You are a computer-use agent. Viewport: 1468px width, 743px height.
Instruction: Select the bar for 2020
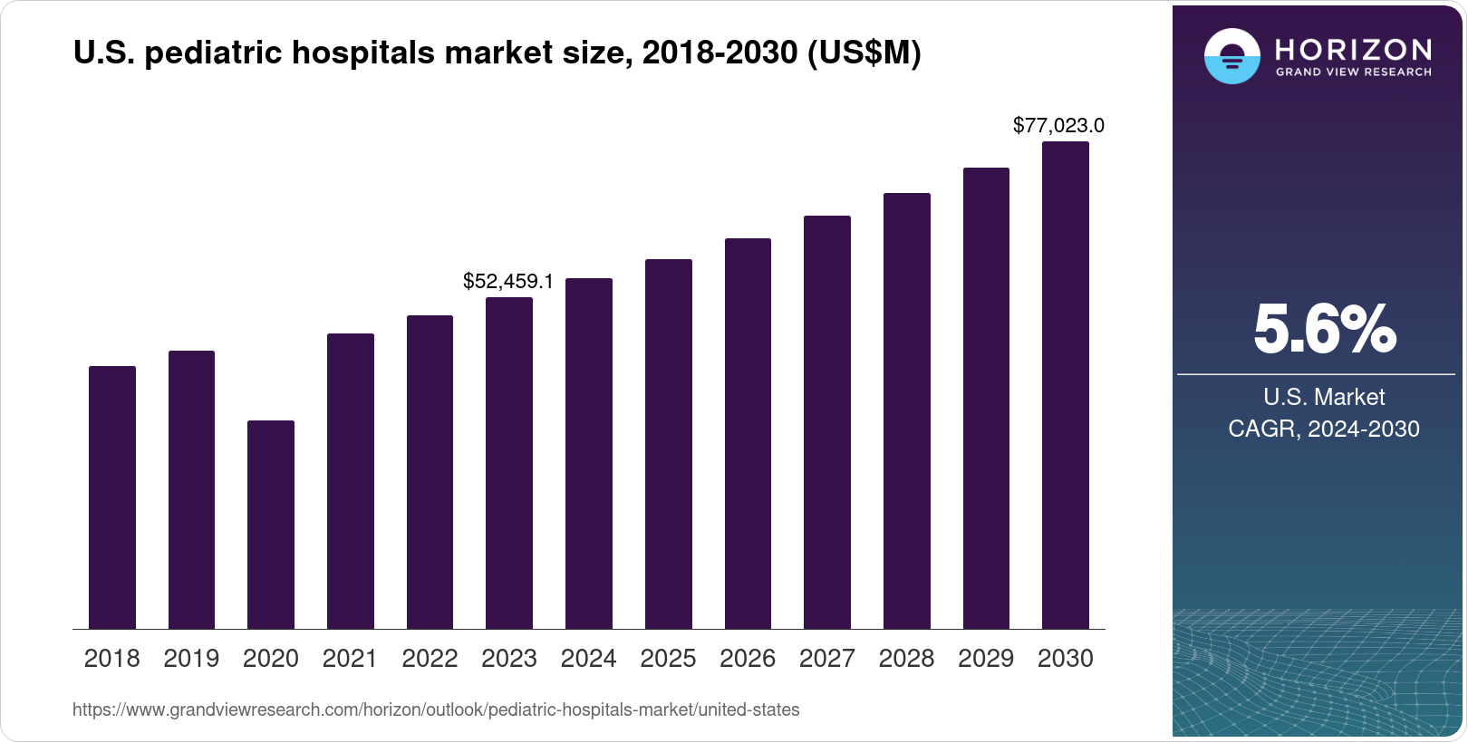(x=270, y=525)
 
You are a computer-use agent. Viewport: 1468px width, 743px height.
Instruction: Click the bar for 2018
(x=111, y=497)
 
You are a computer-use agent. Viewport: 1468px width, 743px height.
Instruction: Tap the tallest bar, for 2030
(x=1065, y=385)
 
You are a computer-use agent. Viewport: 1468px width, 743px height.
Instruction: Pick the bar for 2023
(x=508, y=463)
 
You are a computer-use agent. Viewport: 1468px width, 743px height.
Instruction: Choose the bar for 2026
(x=748, y=434)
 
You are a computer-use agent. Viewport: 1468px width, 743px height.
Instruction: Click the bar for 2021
(x=350, y=481)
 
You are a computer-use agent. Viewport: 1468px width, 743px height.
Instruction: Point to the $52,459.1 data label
(x=507, y=282)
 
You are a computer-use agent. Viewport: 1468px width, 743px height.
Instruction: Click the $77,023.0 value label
(x=1058, y=126)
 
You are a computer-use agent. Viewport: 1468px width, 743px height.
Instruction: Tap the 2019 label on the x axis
(x=191, y=659)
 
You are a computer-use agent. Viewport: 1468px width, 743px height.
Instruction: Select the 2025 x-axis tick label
(x=668, y=659)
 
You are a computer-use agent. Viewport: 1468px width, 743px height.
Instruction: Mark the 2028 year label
(x=906, y=659)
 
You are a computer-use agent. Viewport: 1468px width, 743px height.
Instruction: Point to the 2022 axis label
(x=430, y=659)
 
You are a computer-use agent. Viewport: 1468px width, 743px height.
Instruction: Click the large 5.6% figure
(x=1324, y=330)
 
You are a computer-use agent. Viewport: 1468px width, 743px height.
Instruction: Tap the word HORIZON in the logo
(x=1353, y=49)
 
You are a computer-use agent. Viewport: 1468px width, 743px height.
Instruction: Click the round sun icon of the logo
(x=1231, y=56)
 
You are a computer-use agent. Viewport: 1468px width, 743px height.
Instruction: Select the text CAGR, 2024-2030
(x=1323, y=429)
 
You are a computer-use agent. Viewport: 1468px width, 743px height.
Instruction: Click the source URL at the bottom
(x=436, y=710)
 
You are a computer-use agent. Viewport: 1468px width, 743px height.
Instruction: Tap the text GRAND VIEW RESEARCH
(x=1353, y=72)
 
